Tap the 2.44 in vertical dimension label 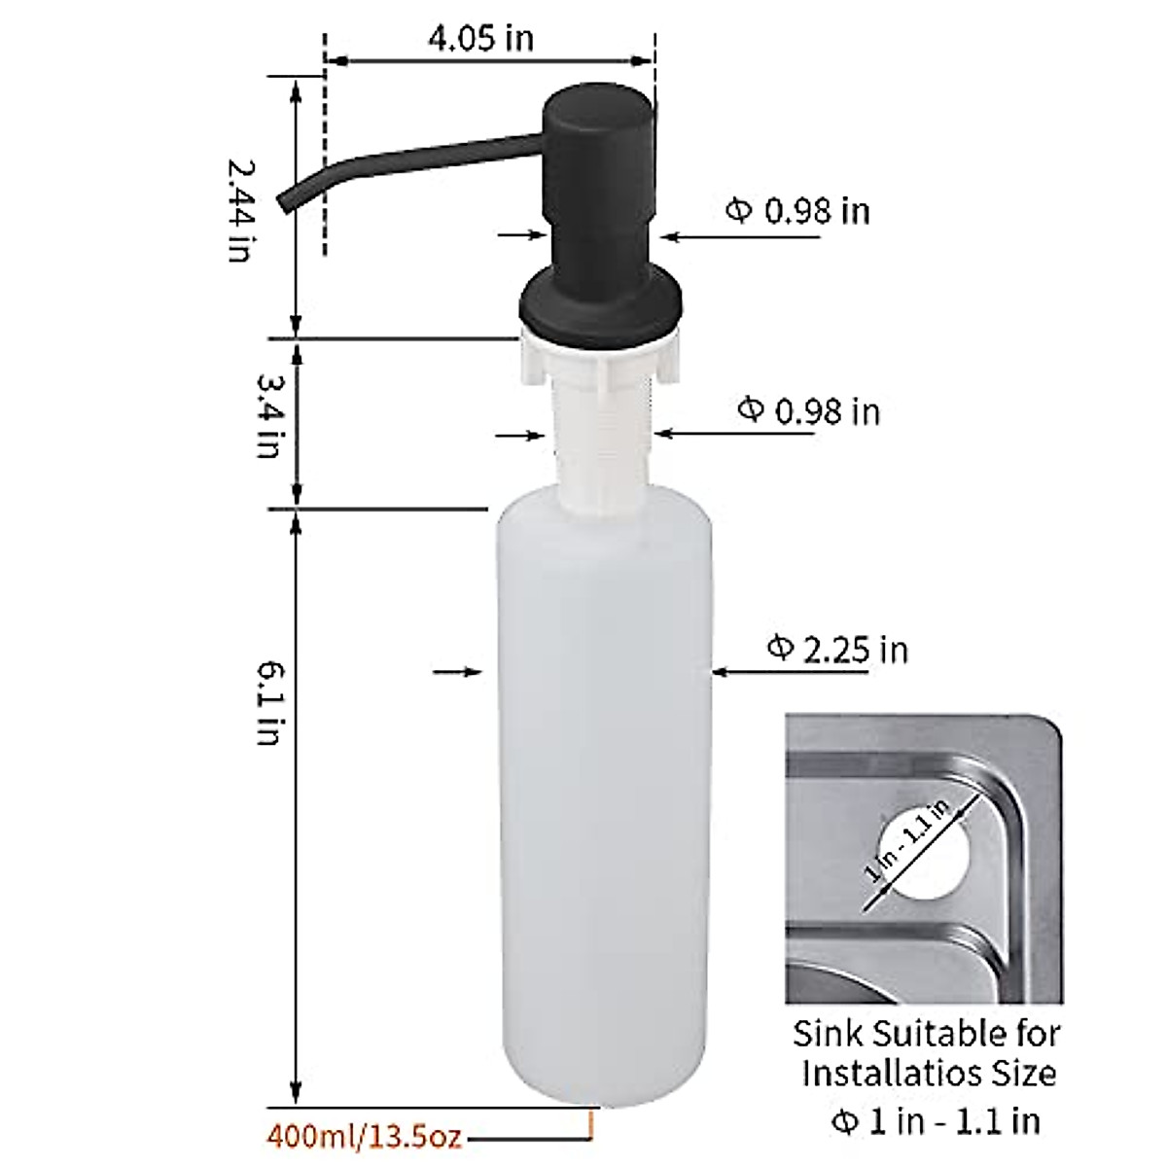tap(239, 209)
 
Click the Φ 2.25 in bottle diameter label tap(837, 649)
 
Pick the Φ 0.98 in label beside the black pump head tap(798, 210)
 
